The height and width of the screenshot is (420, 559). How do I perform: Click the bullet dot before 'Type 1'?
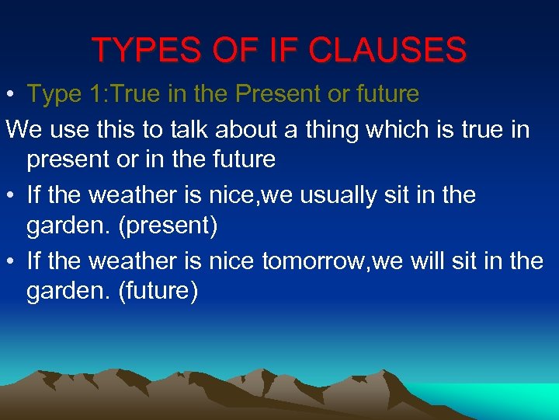tap(10, 95)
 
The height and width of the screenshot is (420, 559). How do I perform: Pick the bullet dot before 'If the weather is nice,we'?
tap(10, 195)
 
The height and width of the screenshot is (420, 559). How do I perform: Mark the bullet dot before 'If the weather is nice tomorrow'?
tap(10, 261)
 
